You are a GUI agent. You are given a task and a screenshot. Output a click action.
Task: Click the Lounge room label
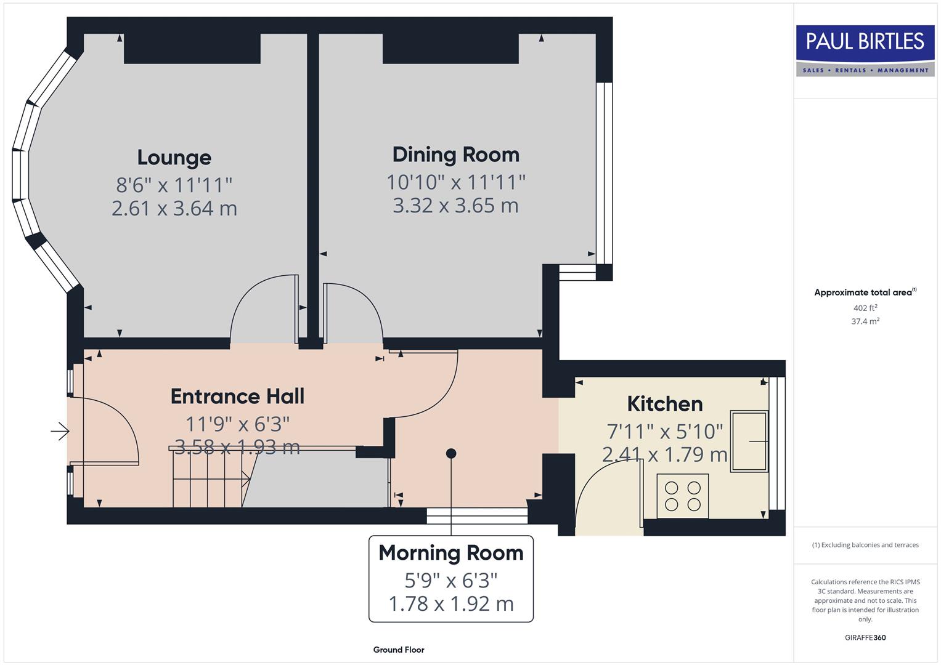pyautogui.click(x=174, y=158)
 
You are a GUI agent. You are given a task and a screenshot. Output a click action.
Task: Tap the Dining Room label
pyautogui.click(x=455, y=155)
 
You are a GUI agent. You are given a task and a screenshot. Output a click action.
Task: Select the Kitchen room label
pyautogui.click(x=664, y=404)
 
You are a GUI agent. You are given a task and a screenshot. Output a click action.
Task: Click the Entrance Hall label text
pyautogui.click(x=237, y=397)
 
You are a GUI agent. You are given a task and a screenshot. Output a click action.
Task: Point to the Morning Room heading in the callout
pyautogui.click(x=450, y=553)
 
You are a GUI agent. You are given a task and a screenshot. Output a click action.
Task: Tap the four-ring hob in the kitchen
pyautogui.click(x=682, y=496)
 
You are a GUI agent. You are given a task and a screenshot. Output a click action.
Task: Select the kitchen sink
pyautogui.click(x=749, y=441)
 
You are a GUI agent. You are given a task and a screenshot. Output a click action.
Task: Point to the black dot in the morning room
pyautogui.click(x=451, y=453)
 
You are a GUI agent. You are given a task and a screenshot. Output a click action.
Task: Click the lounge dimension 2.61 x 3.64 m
pyautogui.click(x=174, y=208)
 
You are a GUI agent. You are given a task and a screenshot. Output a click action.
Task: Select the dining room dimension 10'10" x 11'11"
pyautogui.click(x=455, y=182)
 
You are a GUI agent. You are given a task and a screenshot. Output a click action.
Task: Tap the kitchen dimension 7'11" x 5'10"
pyautogui.click(x=664, y=431)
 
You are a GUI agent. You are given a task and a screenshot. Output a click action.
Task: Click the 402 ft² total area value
pyautogui.click(x=865, y=308)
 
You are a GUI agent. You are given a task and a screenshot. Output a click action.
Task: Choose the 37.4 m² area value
pyautogui.click(x=865, y=321)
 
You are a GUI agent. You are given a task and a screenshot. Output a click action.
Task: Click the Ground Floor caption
pyautogui.click(x=398, y=650)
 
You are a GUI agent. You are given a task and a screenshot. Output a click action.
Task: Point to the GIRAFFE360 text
pyautogui.click(x=865, y=637)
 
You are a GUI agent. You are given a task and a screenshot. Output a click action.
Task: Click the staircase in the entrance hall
pyautogui.click(x=210, y=478)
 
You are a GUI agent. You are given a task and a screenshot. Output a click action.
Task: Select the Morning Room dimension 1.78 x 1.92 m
pyautogui.click(x=450, y=604)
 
